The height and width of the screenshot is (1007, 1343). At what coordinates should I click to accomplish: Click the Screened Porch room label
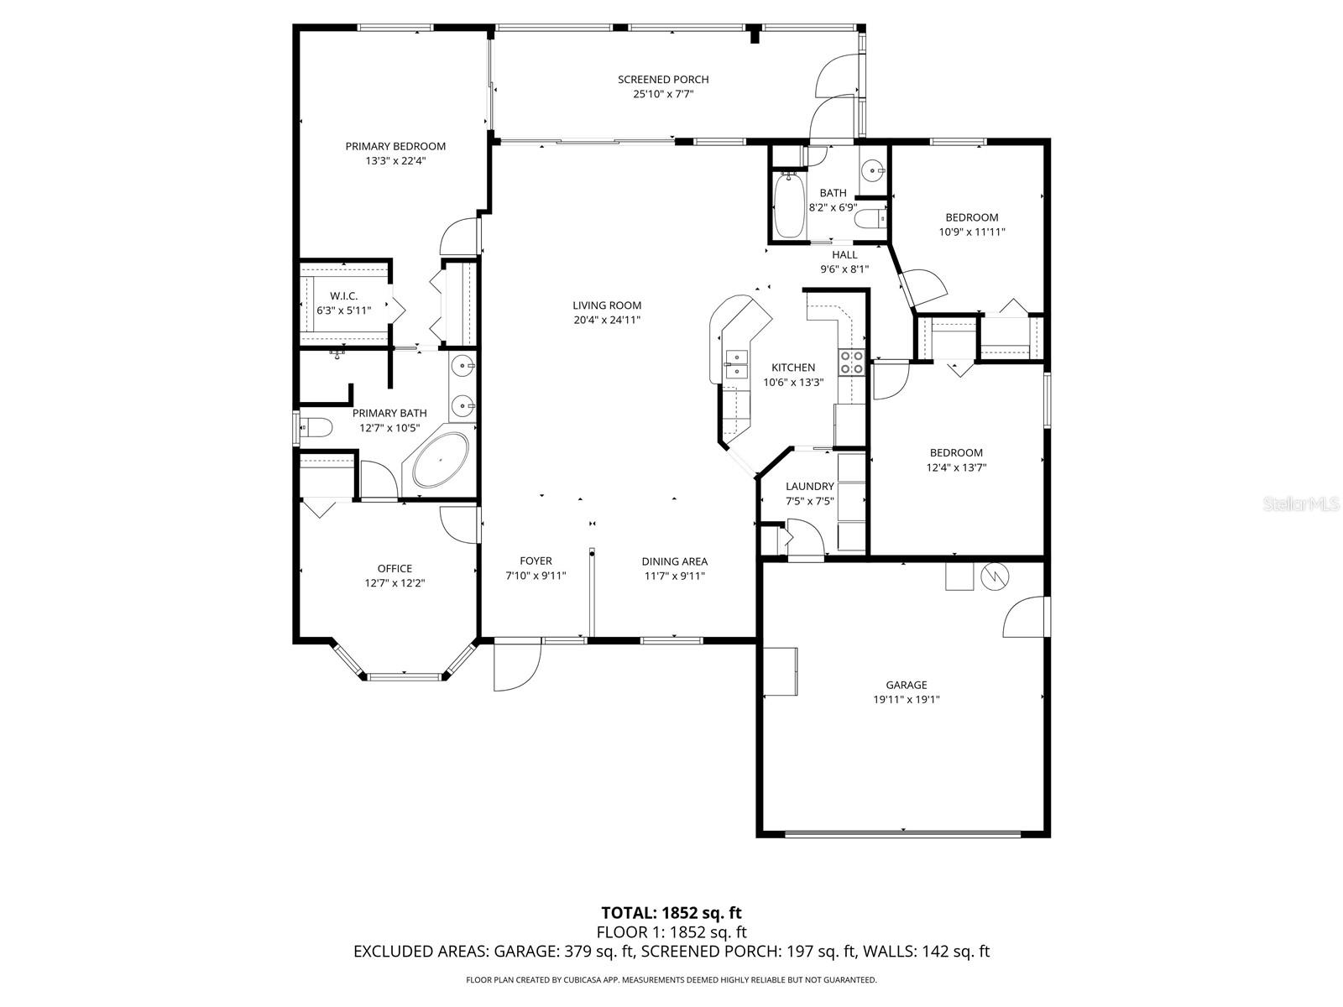coord(663,80)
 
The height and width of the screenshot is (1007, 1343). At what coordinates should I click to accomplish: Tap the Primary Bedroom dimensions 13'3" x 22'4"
coord(395,161)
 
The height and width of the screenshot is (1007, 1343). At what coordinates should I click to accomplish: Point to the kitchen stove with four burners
coord(852,362)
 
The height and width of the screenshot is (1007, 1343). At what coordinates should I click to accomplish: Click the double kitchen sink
coord(738,364)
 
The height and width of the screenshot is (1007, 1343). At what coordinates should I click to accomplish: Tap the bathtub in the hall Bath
coord(787,205)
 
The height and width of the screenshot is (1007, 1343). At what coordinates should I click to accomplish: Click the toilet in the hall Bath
coord(870,219)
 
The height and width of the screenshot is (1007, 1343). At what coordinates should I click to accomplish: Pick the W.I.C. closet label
coord(343,296)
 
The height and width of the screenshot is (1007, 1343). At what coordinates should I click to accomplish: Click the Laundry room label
coord(810,487)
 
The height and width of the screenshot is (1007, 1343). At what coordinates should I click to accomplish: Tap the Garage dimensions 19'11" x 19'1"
coord(906,699)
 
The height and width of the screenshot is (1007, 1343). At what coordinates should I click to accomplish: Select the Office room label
coord(395,569)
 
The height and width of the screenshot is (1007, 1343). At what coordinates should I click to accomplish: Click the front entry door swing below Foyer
coord(515,666)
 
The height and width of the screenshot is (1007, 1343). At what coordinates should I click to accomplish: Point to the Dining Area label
coord(674,561)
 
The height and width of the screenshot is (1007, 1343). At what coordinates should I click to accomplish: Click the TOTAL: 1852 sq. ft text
coord(671,913)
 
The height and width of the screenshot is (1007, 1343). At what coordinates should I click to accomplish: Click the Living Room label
coord(607,305)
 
